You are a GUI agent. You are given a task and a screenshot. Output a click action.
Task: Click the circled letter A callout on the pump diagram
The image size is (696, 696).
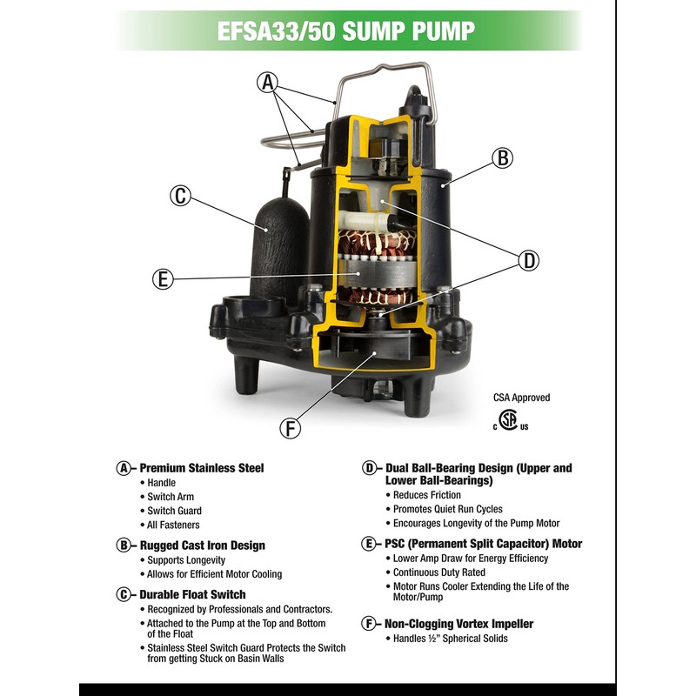click(x=268, y=83)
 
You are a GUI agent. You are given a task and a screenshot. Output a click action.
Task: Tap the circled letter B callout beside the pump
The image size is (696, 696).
click(x=502, y=158)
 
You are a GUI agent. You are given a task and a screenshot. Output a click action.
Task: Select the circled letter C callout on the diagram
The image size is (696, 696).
click(x=180, y=196)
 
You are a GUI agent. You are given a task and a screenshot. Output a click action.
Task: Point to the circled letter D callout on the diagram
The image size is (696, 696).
click(x=528, y=259)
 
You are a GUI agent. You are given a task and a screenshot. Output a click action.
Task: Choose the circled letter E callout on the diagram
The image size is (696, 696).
click(x=162, y=279)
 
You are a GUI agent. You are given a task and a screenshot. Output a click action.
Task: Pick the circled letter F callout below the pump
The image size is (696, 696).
click(x=291, y=427)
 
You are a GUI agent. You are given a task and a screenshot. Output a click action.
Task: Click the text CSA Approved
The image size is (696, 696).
click(x=521, y=398)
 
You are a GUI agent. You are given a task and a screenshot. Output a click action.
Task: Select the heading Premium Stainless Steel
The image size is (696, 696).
click(x=201, y=468)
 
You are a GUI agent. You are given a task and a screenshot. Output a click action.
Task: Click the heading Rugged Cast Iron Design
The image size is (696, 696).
click(x=202, y=545)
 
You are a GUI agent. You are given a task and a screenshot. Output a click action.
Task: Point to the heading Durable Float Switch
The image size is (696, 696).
click(x=191, y=595)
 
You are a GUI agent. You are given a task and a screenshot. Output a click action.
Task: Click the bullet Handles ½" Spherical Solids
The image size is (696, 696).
click(x=450, y=639)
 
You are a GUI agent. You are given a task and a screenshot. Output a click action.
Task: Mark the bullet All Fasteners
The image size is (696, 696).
click(x=173, y=525)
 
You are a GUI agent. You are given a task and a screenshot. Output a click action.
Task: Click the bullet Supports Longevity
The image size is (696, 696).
click(x=186, y=560)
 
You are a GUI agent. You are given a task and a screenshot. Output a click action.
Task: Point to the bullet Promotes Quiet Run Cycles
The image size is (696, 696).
click(x=447, y=509)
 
